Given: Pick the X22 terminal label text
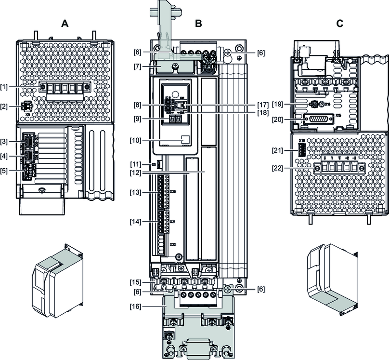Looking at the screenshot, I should pyautogui.click(x=172, y=244).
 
